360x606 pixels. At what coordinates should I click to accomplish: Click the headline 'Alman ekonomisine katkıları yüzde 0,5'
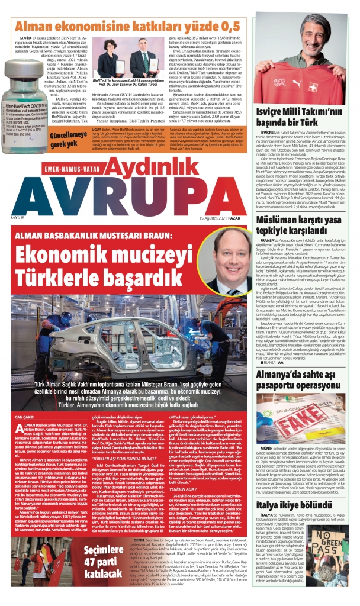(127, 26)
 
